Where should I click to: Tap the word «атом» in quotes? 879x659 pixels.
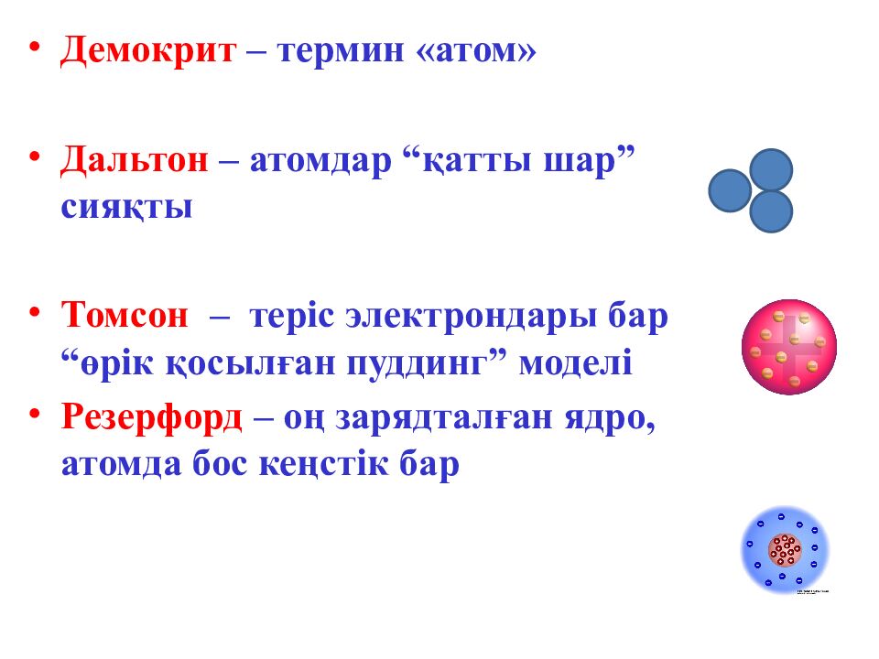[476, 52]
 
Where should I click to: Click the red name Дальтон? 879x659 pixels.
[135, 163]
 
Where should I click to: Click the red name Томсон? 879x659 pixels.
[125, 318]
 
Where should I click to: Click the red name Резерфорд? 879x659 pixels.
[151, 419]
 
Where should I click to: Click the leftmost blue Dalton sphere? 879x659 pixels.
[730, 190]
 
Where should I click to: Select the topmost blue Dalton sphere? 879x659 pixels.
[771, 169]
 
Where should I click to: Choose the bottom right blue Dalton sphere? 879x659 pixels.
[771, 211]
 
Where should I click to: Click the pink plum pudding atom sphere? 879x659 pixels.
[788, 347]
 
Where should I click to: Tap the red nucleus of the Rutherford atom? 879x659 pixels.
[785, 551]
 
